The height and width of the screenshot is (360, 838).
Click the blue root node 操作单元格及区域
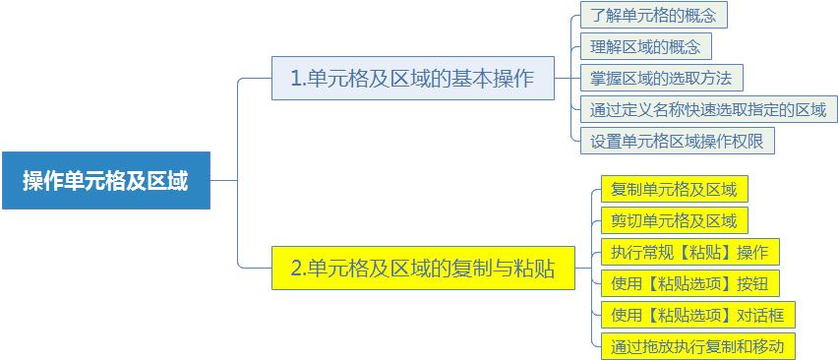point(105,181)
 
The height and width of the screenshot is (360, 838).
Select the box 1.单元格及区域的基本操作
point(412,79)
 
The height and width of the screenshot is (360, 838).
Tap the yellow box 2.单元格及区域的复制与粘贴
point(422,269)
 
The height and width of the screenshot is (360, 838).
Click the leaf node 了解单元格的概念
point(653,16)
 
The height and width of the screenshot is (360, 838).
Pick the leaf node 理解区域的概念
point(645,46)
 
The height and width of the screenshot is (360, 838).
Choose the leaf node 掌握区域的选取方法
point(661,78)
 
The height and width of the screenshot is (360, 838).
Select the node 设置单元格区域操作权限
point(677,141)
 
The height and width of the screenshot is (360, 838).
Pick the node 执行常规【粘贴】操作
point(689,251)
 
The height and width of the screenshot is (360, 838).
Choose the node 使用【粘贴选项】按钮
point(689,283)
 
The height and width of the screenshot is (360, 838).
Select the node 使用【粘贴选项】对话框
point(697,315)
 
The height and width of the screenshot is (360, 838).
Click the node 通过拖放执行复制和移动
point(697,346)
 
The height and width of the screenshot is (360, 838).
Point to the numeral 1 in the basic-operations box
point(295,79)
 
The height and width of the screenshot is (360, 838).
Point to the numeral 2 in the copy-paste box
point(296,269)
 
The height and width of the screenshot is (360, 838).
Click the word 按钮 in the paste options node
point(752,283)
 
